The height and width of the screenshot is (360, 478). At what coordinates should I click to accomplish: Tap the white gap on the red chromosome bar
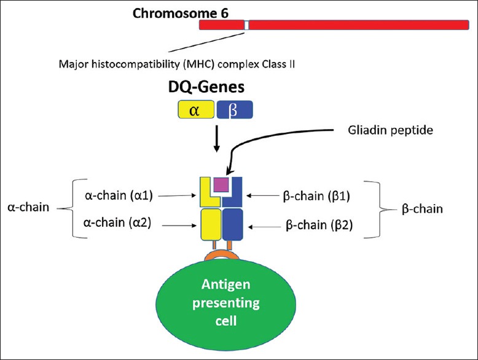(x=246, y=25)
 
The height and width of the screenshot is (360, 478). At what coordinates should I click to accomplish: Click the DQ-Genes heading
(x=214, y=89)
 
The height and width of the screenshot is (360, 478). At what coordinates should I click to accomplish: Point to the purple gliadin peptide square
(x=221, y=184)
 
